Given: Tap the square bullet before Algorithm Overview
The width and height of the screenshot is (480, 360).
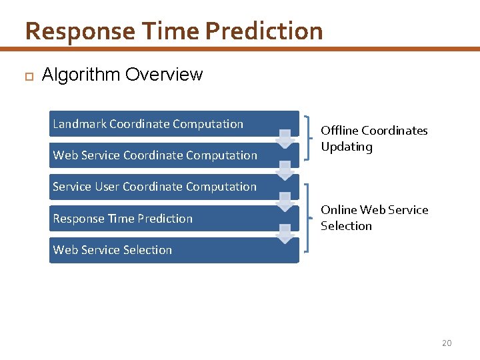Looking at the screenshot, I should point(29,76).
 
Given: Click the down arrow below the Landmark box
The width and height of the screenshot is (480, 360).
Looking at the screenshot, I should point(285,139).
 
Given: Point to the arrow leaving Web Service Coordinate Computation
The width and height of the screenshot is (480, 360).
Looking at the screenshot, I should point(285,171).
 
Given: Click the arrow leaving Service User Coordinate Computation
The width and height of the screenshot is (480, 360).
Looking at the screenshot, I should point(285,202).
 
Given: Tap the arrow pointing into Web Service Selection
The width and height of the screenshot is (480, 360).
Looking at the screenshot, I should point(285,234).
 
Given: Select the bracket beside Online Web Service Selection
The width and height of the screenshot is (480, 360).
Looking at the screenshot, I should point(309,218).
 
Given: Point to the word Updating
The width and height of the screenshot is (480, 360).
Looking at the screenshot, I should point(346,147).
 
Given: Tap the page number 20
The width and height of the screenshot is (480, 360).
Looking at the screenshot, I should point(447,343).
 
